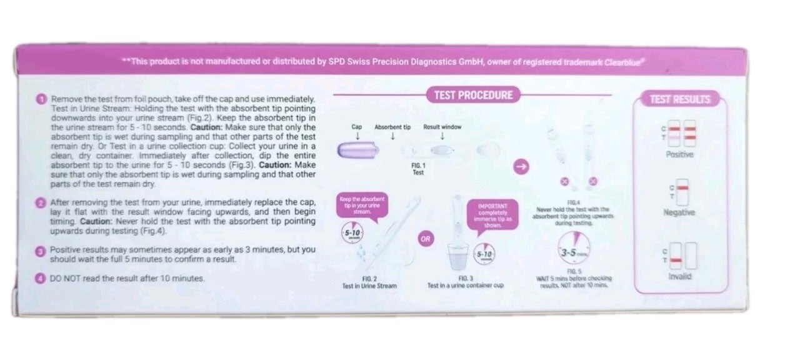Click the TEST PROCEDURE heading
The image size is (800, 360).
[472, 96]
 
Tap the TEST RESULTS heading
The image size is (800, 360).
[679, 99]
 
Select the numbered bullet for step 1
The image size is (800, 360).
[41, 99]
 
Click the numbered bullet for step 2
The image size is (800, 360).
[41, 203]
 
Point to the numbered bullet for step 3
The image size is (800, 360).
[41, 250]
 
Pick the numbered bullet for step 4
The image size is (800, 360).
[41, 279]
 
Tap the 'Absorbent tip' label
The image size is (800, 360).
[392, 127]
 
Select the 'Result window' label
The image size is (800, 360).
[442, 127]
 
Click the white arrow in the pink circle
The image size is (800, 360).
[521, 166]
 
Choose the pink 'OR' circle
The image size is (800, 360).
[425, 239]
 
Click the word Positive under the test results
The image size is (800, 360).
[679, 154]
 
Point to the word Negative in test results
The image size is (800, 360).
[679, 212]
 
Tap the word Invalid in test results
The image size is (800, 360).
[679, 276]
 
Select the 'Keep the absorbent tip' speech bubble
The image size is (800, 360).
[362, 205]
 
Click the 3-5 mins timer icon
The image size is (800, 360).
[574, 251]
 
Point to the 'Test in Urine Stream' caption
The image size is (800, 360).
[369, 286]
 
